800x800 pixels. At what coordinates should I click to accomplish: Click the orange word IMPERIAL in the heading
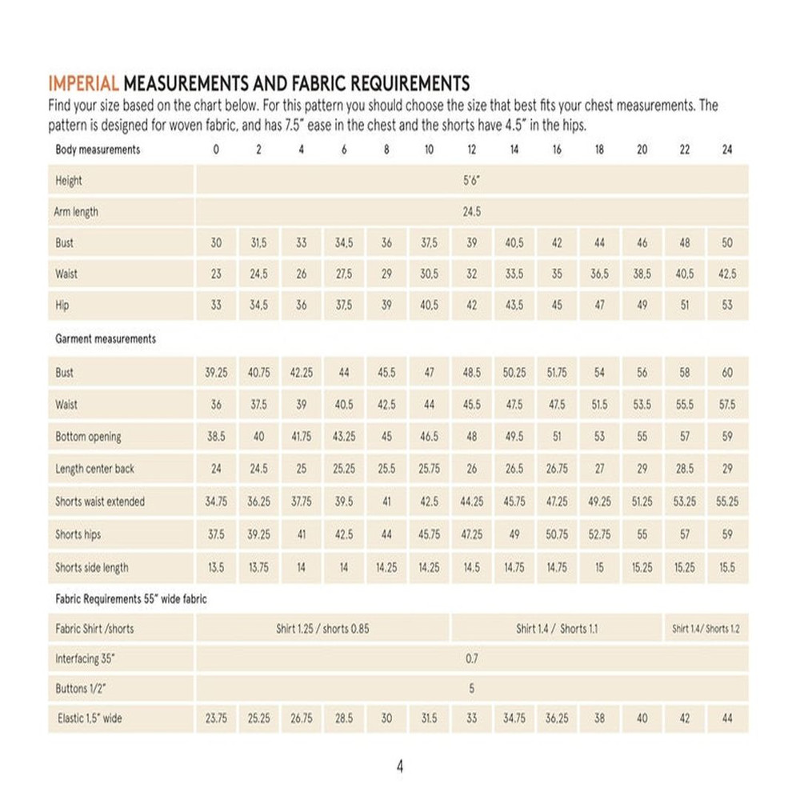click(84, 83)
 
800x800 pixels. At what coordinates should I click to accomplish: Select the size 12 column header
click(471, 150)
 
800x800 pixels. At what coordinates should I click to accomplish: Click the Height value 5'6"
click(471, 181)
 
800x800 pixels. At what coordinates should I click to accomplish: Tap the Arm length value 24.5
click(471, 212)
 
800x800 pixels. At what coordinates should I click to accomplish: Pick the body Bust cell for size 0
click(216, 243)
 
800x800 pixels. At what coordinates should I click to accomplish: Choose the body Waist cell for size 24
click(727, 274)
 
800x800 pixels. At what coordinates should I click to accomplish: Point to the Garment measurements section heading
click(106, 339)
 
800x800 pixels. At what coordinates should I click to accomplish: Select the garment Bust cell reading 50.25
click(514, 373)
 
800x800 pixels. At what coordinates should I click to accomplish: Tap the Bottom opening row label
click(88, 437)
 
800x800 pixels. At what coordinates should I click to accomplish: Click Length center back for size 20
click(642, 469)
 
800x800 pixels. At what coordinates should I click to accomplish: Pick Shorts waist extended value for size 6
click(344, 502)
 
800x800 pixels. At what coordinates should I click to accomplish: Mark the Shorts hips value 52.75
click(599, 534)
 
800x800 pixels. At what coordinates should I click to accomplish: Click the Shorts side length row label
click(92, 567)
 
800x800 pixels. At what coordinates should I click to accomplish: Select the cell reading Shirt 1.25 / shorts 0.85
click(322, 629)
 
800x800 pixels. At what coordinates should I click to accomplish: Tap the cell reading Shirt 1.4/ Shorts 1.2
click(706, 629)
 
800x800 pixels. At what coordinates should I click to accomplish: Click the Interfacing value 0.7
click(471, 659)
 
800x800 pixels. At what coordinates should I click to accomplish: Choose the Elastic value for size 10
click(429, 718)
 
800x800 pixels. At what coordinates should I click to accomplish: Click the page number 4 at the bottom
click(400, 766)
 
